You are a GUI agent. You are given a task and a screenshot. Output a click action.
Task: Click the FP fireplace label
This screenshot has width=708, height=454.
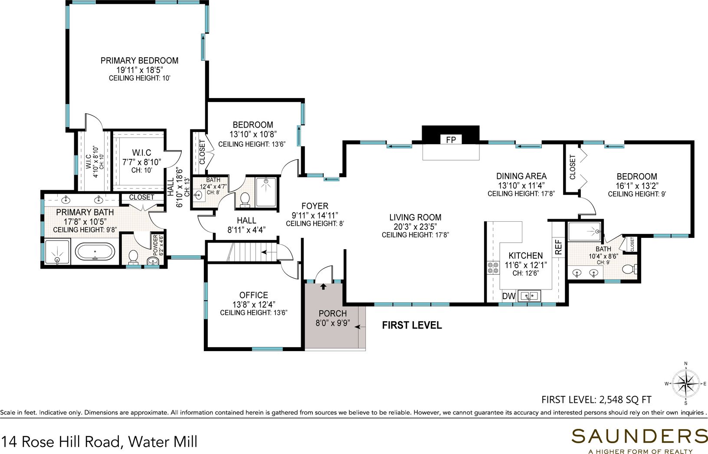(x=451, y=140)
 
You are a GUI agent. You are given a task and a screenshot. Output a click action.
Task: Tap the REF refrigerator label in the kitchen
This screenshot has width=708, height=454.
(x=558, y=247)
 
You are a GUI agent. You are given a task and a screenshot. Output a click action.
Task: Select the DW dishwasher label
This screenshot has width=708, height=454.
(x=508, y=296)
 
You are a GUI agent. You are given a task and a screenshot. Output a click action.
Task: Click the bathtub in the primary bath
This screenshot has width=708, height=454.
(x=95, y=252)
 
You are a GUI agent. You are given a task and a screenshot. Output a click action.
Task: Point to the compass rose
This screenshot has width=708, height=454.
(x=685, y=384)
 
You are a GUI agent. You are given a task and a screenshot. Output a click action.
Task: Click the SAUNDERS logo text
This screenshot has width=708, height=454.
(x=639, y=436)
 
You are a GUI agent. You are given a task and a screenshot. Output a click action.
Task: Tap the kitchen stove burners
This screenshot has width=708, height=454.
(x=493, y=267)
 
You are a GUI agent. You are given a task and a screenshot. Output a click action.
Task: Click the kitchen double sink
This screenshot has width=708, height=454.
(x=529, y=296)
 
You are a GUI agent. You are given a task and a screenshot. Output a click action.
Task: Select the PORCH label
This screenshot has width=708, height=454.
(x=332, y=313)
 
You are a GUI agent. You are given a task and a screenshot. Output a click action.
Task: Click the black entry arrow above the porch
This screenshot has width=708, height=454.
(x=323, y=286)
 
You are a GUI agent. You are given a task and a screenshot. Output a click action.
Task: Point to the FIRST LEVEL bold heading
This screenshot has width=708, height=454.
(x=412, y=325)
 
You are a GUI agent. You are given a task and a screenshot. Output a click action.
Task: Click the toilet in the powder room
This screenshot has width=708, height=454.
(x=133, y=257)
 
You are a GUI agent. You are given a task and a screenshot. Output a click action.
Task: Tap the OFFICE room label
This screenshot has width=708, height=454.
(x=253, y=295)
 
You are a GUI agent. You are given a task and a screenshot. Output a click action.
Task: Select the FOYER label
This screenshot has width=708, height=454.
(x=315, y=206)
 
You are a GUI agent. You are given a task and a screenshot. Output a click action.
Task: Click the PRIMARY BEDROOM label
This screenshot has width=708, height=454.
(x=139, y=60)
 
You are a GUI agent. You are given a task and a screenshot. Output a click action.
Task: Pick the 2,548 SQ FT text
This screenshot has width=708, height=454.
(x=625, y=400)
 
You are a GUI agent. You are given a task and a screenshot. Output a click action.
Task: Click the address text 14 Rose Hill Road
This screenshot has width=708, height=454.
(x=62, y=442)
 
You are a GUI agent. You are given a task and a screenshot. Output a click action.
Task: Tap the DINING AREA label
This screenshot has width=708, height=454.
(x=521, y=176)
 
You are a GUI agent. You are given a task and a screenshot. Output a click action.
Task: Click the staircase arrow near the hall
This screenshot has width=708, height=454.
(x=269, y=252)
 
